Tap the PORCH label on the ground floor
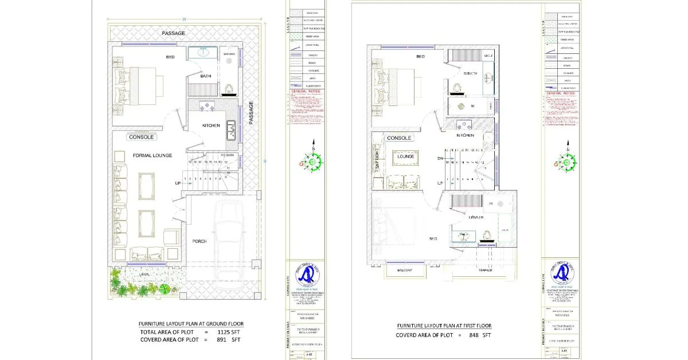click(199, 241)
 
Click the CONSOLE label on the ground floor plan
click(141, 138)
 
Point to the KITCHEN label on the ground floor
click(211, 126)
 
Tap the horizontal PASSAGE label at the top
click(173, 34)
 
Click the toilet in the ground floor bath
click(229, 89)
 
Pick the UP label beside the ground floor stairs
click(178, 183)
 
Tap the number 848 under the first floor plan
click(475, 335)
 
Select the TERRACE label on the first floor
click(486, 270)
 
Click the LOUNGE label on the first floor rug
click(406, 156)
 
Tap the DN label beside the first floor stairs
click(440, 159)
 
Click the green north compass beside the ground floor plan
click(314, 162)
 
